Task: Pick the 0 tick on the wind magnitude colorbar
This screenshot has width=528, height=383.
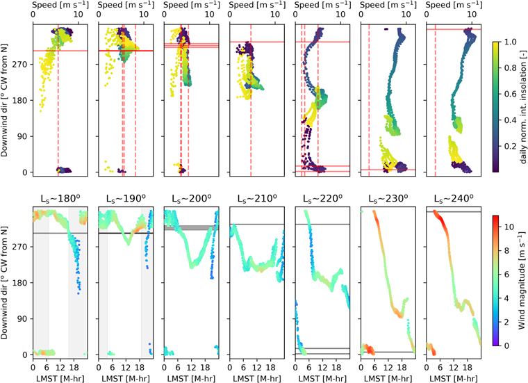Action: click(507, 345)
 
